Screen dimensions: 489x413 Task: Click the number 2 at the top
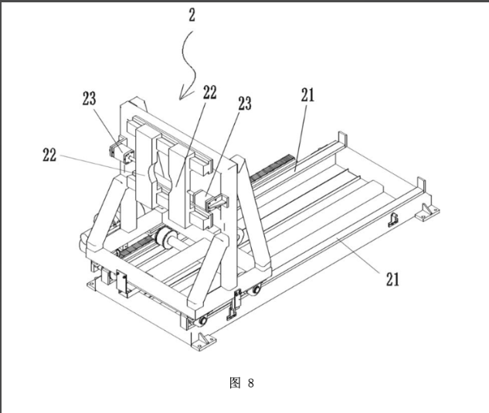click(x=192, y=15)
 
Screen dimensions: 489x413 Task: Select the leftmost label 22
click(x=49, y=155)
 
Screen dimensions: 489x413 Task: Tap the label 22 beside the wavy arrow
click(x=210, y=92)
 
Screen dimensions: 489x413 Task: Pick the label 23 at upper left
click(x=89, y=99)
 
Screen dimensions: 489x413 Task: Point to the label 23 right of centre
click(x=245, y=104)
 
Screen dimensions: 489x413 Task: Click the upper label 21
click(x=307, y=95)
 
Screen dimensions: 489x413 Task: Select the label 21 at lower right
click(x=392, y=279)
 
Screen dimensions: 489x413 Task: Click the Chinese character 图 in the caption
click(x=235, y=383)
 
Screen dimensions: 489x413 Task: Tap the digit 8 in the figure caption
click(x=251, y=383)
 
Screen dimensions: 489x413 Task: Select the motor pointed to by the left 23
click(x=121, y=151)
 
